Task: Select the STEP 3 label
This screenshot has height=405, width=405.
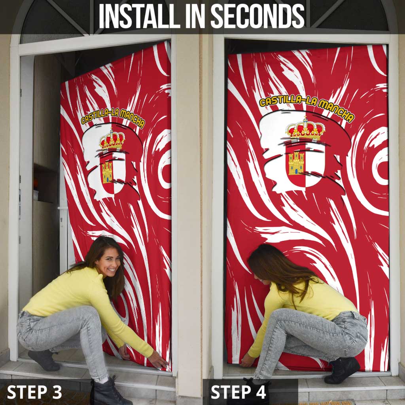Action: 34,392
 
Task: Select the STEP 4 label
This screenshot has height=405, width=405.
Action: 238,392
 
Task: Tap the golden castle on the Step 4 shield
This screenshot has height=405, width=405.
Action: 296,163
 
